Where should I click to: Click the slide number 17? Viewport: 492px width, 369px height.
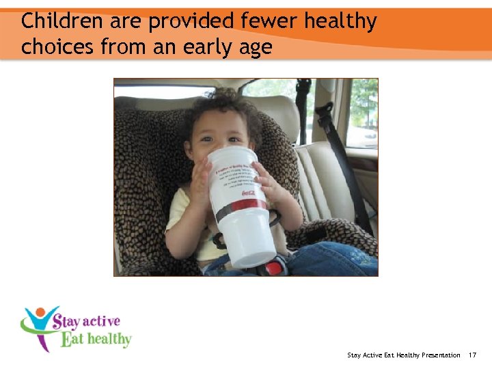click(x=473, y=355)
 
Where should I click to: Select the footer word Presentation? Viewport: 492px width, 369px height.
click(x=437, y=355)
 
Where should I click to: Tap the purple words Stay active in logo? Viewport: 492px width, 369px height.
click(x=85, y=320)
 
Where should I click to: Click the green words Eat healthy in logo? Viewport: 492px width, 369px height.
click(x=96, y=338)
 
